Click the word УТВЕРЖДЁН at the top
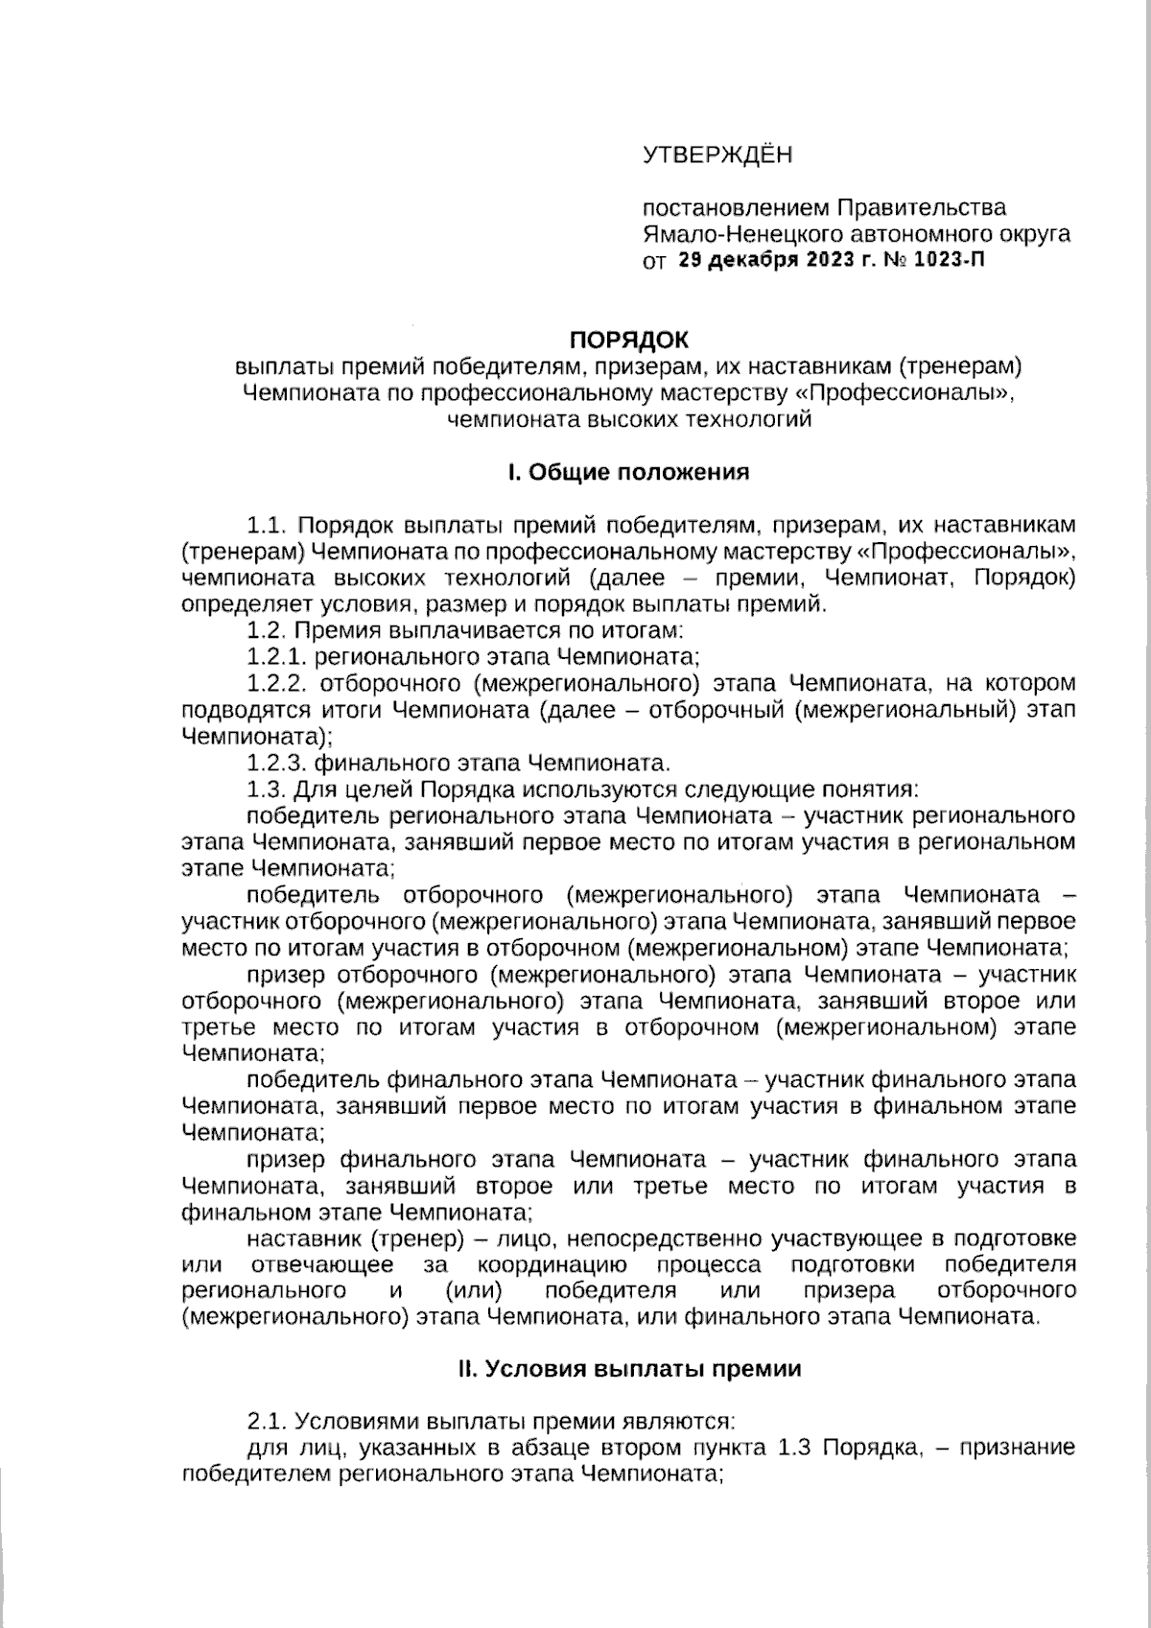click(x=717, y=155)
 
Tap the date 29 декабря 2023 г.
click(x=767, y=260)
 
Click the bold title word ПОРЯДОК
click(x=629, y=340)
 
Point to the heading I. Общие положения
click(x=628, y=472)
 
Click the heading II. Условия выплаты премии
click(x=629, y=1369)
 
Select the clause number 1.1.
click(x=268, y=525)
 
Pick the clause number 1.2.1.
click(x=276, y=657)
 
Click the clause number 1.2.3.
click(x=276, y=763)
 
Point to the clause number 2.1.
click(x=268, y=1420)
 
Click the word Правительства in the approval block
click(x=923, y=208)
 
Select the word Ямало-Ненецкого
click(x=729, y=234)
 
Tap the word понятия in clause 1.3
click(x=871, y=790)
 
